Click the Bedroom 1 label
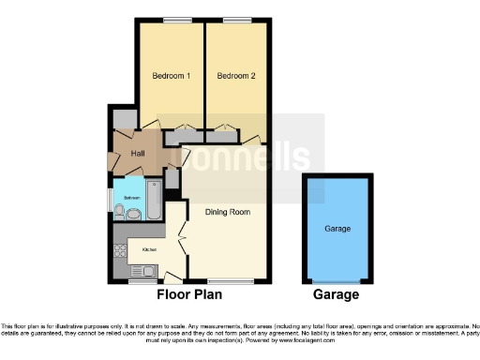(x=171, y=75)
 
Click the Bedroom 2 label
(x=235, y=75)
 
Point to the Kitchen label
(x=148, y=250)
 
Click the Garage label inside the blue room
(x=337, y=229)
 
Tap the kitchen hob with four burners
(x=120, y=250)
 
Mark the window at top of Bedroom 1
(x=171, y=20)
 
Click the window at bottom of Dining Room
(x=230, y=281)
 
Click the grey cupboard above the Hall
(x=124, y=119)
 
